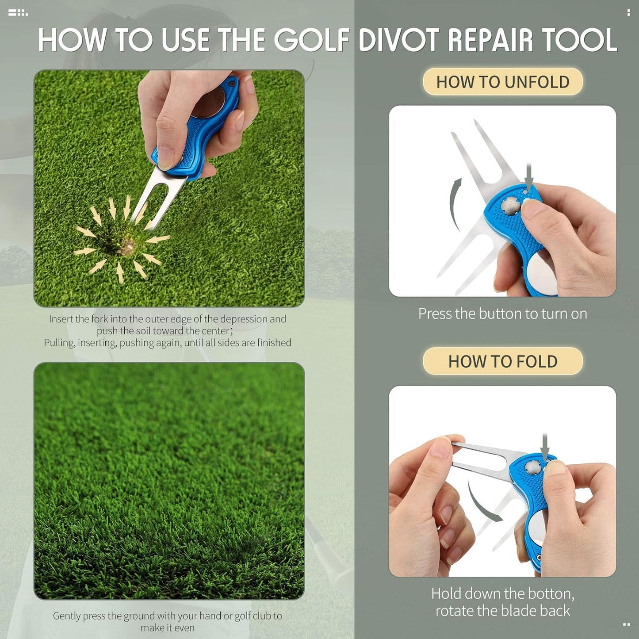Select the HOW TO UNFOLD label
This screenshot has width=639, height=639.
pos(503,82)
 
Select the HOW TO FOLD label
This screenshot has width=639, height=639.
pos(503,361)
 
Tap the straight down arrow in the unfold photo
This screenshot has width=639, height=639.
pos(529,177)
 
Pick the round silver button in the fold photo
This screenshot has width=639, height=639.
pos(530,466)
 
